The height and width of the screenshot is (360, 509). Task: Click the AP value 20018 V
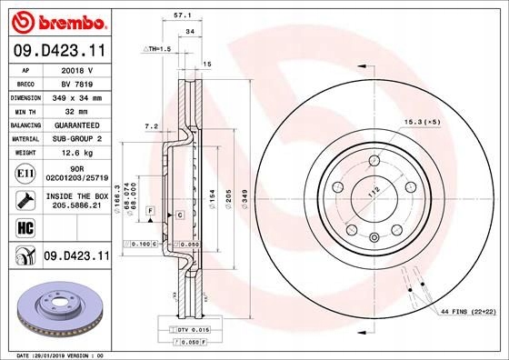pyautogui.click(x=75, y=69)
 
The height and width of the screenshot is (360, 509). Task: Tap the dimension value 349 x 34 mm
pyautogui.click(x=75, y=95)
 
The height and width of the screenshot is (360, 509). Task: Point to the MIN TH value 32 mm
pyautogui.click(x=75, y=109)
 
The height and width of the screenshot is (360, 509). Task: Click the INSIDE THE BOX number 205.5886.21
pyautogui.click(x=75, y=206)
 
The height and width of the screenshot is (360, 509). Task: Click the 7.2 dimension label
pyautogui.click(x=152, y=126)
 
